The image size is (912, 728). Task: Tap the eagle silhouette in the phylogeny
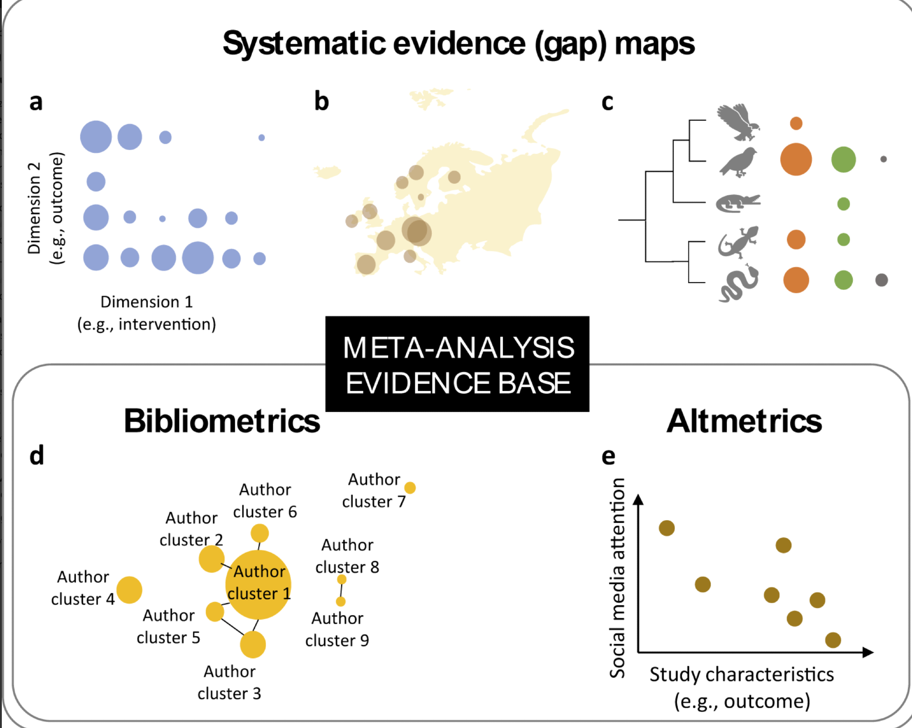(x=738, y=122)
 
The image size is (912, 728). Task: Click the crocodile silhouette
(x=738, y=203)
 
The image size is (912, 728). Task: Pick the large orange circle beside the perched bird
(x=796, y=159)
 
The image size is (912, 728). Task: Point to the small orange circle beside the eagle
(x=796, y=123)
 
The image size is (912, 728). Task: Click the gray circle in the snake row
(x=881, y=280)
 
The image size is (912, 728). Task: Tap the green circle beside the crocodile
(x=843, y=203)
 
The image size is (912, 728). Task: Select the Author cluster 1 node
(x=258, y=584)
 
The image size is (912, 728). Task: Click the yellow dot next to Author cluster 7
(x=410, y=488)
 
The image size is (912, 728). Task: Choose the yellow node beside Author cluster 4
(x=129, y=589)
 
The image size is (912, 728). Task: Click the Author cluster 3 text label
(x=229, y=682)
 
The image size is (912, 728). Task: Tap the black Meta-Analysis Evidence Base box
(x=457, y=364)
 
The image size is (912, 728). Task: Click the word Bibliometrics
(x=222, y=421)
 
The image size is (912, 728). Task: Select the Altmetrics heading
(x=744, y=421)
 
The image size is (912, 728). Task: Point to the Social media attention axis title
(x=617, y=578)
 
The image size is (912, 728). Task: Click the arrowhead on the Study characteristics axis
(x=868, y=652)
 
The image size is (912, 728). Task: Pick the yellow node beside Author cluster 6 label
(x=259, y=533)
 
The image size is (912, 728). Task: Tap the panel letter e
(x=608, y=456)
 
